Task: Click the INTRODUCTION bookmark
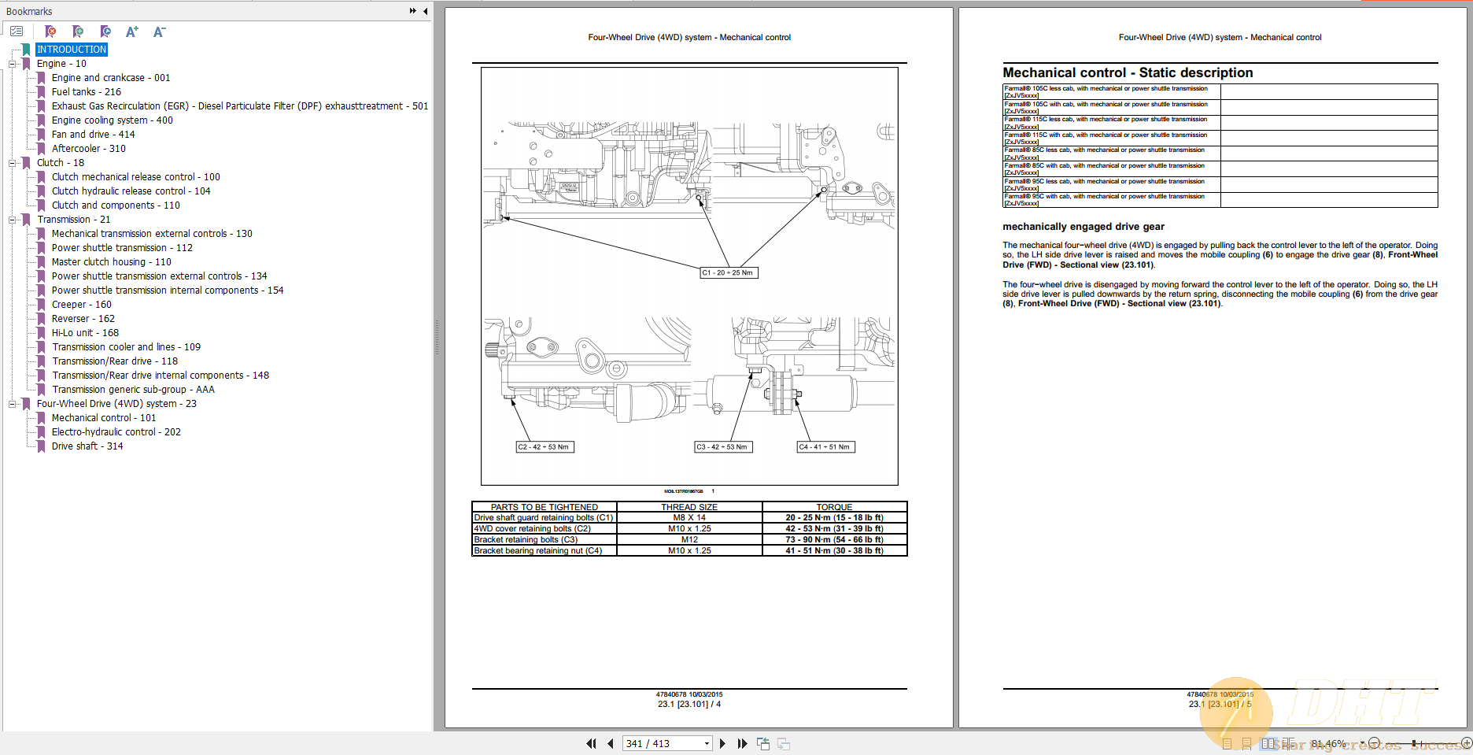pos(71,50)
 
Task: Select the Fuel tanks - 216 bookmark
pos(86,92)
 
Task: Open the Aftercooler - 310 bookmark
pos(88,149)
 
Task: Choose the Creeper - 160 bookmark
pos(81,305)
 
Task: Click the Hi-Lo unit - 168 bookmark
pos(85,333)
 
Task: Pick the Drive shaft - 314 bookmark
pos(87,446)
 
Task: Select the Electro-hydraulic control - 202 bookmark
pos(116,432)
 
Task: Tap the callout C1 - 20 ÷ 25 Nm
pos(728,273)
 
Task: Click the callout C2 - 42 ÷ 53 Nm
pos(543,447)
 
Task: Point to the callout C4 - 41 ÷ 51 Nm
pos(825,447)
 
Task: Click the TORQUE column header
pos(834,507)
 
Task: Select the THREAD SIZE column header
pos(689,507)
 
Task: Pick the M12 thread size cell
pos(689,540)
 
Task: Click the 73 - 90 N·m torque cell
pos(834,540)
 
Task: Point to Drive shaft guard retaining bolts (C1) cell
pos(543,518)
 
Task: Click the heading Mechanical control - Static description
pos(1127,73)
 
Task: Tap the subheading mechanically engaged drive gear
pos(1083,227)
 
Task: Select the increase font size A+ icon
pos(131,32)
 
